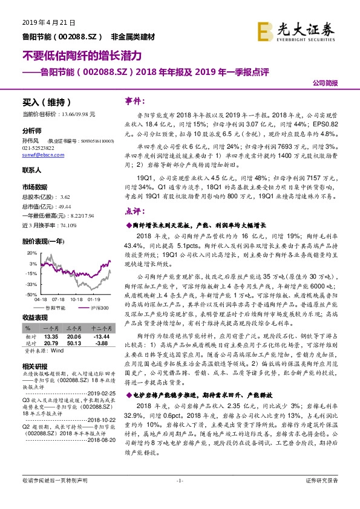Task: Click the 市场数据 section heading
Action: click(35, 186)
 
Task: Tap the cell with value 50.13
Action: click(74, 342)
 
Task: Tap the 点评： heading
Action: click(135, 212)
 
